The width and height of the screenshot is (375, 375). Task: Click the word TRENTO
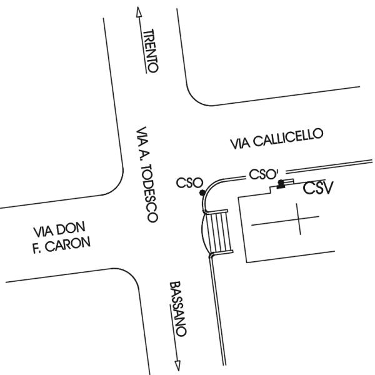point(151,51)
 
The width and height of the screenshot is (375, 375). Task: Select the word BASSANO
point(178,309)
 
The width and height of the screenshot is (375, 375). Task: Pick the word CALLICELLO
point(288,137)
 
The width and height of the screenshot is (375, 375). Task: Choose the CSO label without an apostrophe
point(189,183)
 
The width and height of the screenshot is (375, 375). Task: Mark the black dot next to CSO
point(201,193)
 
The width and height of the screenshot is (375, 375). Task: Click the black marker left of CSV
point(281,183)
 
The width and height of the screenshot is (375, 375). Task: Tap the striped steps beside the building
point(220,231)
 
